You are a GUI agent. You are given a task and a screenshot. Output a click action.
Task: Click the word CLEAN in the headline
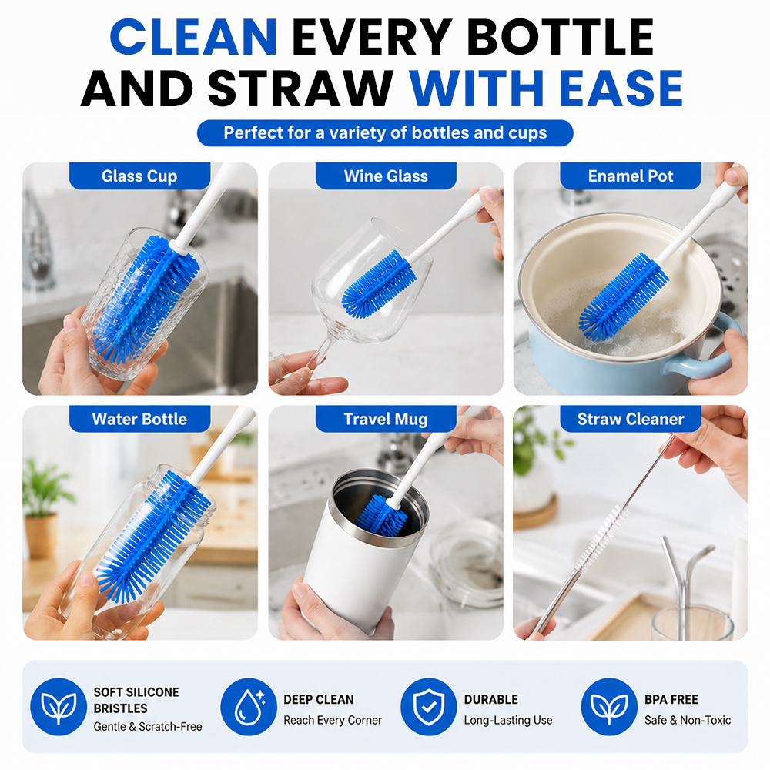[x=193, y=37]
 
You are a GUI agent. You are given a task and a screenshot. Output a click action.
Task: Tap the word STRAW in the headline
[x=300, y=89]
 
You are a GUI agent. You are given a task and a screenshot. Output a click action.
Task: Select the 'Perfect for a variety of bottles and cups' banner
[x=385, y=133]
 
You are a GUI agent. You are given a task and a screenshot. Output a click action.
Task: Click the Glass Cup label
[x=139, y=176]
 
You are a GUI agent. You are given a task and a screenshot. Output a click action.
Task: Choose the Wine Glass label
[x=386, y=176]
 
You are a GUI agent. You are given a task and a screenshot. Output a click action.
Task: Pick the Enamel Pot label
[x=631, y=176]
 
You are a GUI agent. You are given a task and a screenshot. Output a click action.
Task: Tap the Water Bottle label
[x=139, y=419]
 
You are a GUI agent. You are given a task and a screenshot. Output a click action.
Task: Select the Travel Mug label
[x=386, y=419]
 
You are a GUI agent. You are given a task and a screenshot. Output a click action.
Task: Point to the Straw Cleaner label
[x=631, y=419]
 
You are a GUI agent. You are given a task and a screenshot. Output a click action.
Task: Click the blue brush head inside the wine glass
[x=377, y=284]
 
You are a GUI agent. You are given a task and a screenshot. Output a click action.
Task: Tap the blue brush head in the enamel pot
[x=623, y=297]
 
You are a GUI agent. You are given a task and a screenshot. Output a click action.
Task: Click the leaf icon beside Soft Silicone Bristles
[x=59, y=707]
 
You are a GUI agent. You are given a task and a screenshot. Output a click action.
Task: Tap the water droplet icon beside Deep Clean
[x=249, y=707]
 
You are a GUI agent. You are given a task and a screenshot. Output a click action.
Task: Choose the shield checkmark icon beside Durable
[x=429, y=707]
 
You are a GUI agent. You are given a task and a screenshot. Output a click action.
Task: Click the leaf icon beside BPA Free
[x=609, y=707]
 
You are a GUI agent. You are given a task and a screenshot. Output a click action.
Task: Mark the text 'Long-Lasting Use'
[x=508, y=721]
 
